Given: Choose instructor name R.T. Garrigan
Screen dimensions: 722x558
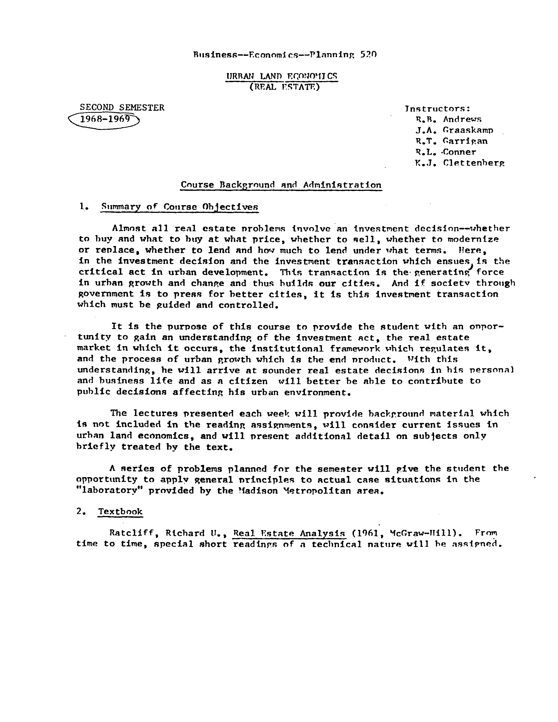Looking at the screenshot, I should pos(451,141).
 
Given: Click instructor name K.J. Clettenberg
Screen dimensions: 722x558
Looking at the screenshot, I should pos(460,163).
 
